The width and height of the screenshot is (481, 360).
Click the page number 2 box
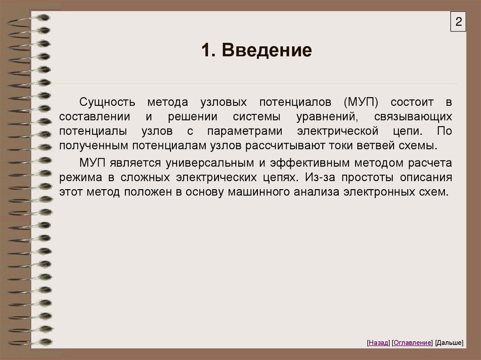click(x=458, y=23)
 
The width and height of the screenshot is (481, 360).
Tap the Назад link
click(x=379, y=343)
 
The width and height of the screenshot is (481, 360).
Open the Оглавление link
click(x=412, y=343)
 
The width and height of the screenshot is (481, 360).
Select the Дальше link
click(x=449, y=343)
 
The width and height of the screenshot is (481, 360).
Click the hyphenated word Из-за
click(x=319, y=177)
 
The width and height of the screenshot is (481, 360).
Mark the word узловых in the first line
click(x=224, y=102)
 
